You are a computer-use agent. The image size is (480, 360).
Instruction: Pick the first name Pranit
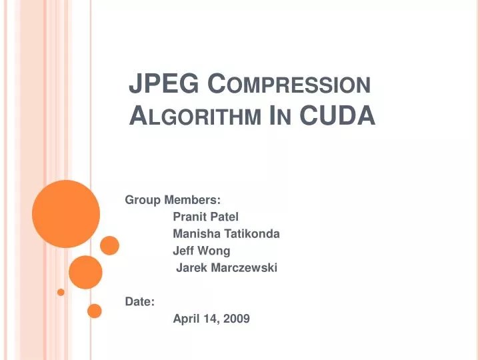(x=189, y=217)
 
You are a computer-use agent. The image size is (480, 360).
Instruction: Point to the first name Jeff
(x=183, y=251)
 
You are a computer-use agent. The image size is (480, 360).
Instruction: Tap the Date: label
(x=140, y=302)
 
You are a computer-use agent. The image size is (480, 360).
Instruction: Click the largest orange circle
(x=65, y=213)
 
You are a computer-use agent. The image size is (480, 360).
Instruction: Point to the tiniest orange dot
(x=61, y=292)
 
